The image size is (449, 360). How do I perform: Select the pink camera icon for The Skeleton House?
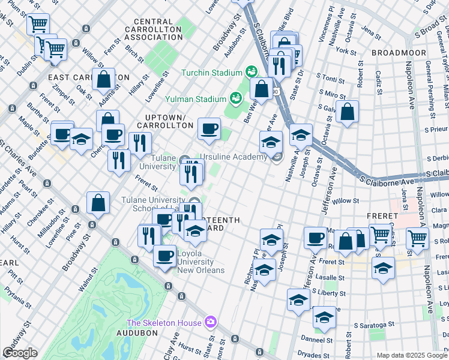(209, 323)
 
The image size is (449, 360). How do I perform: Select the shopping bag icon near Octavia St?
(348, 112)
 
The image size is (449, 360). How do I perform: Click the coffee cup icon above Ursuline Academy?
(209, 129)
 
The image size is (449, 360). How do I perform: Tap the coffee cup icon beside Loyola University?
(164, 256)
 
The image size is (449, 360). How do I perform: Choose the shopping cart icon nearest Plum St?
(38, 25)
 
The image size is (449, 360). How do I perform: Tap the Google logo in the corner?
(20, 353)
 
